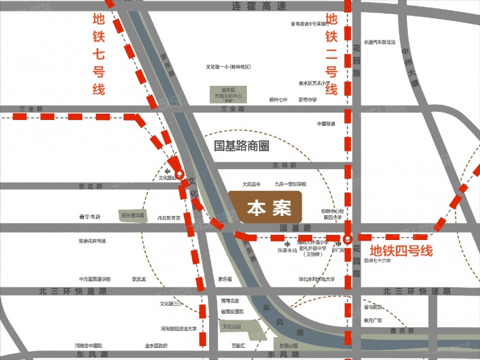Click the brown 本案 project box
[266, 208]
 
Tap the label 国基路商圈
[242, 147]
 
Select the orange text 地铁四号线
[401, 251]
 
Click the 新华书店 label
[90, 217]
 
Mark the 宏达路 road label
[90, 186]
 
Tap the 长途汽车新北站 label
[380, 42]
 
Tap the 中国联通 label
[326, 124]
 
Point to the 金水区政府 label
[156, 345]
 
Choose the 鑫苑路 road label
[402, 330]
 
